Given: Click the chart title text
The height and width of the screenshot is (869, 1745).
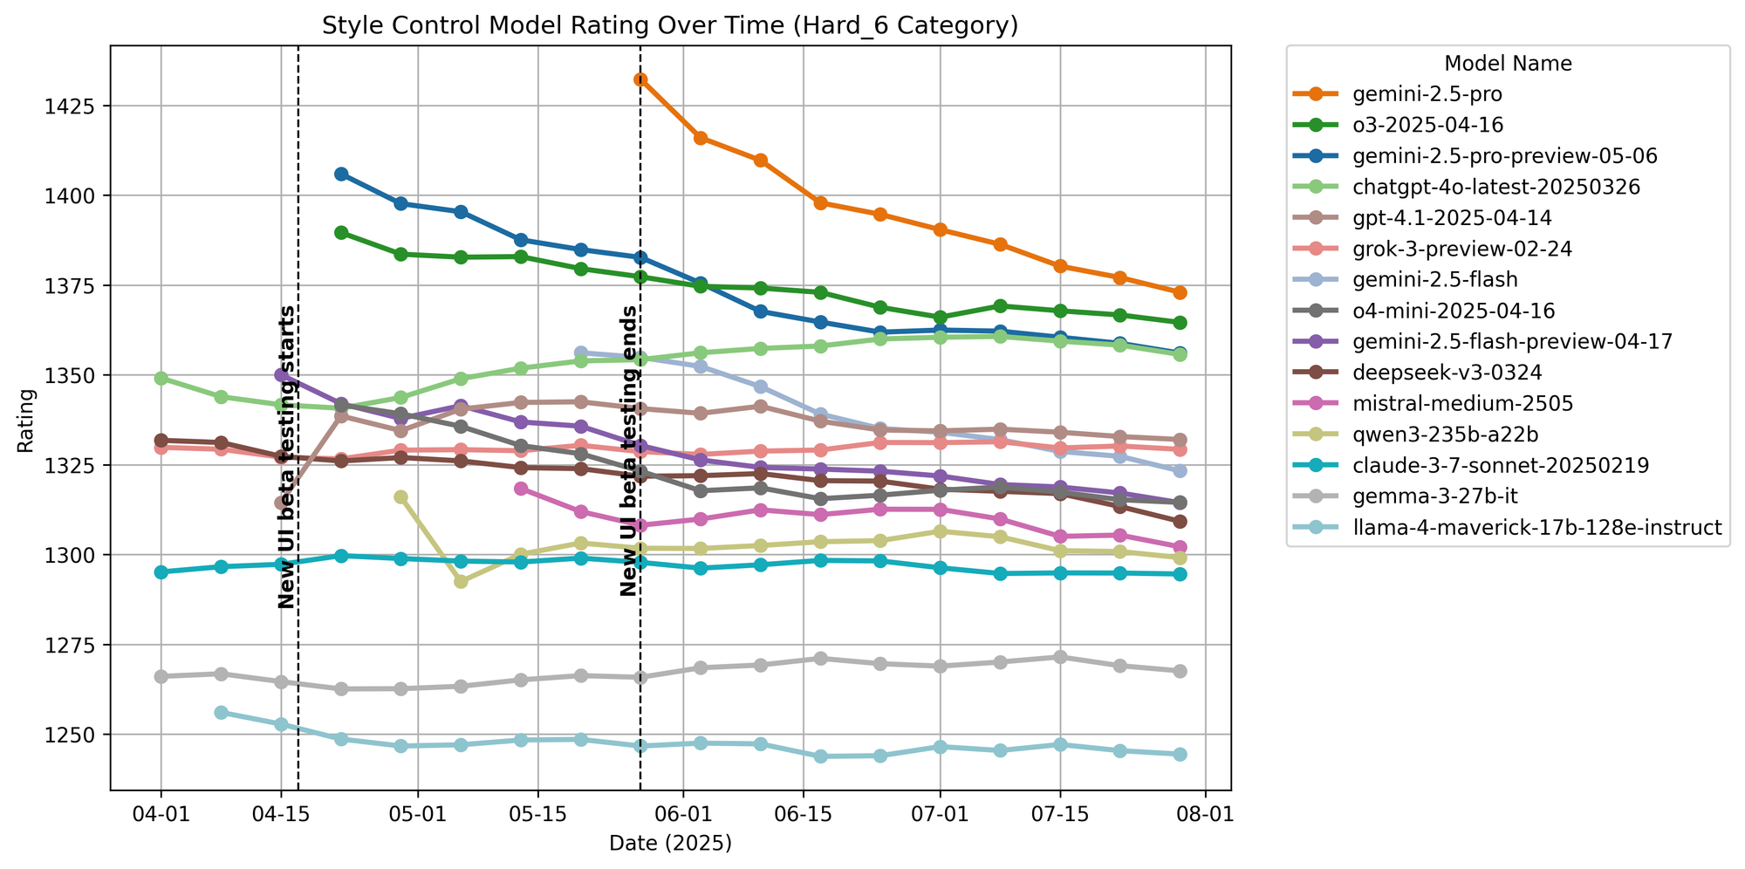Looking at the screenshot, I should (670, 26).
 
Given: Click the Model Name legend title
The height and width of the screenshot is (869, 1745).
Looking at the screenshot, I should (1508, 64).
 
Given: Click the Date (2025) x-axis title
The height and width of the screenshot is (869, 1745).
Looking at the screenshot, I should (670, 843).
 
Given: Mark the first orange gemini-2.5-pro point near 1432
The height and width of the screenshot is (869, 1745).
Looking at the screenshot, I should (640, 79).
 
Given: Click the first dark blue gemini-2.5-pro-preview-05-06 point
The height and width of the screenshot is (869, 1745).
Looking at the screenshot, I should (341, 174).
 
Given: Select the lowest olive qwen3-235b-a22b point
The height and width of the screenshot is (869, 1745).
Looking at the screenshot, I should (461, 581).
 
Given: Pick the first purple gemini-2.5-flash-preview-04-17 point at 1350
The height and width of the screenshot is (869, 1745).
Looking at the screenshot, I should (281, 374).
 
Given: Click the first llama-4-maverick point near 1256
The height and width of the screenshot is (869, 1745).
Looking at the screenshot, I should (221, 713).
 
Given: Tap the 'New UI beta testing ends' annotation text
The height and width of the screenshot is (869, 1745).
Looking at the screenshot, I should (628, 451).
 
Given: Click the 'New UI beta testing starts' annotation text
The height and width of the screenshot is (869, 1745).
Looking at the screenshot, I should (286, 457).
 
